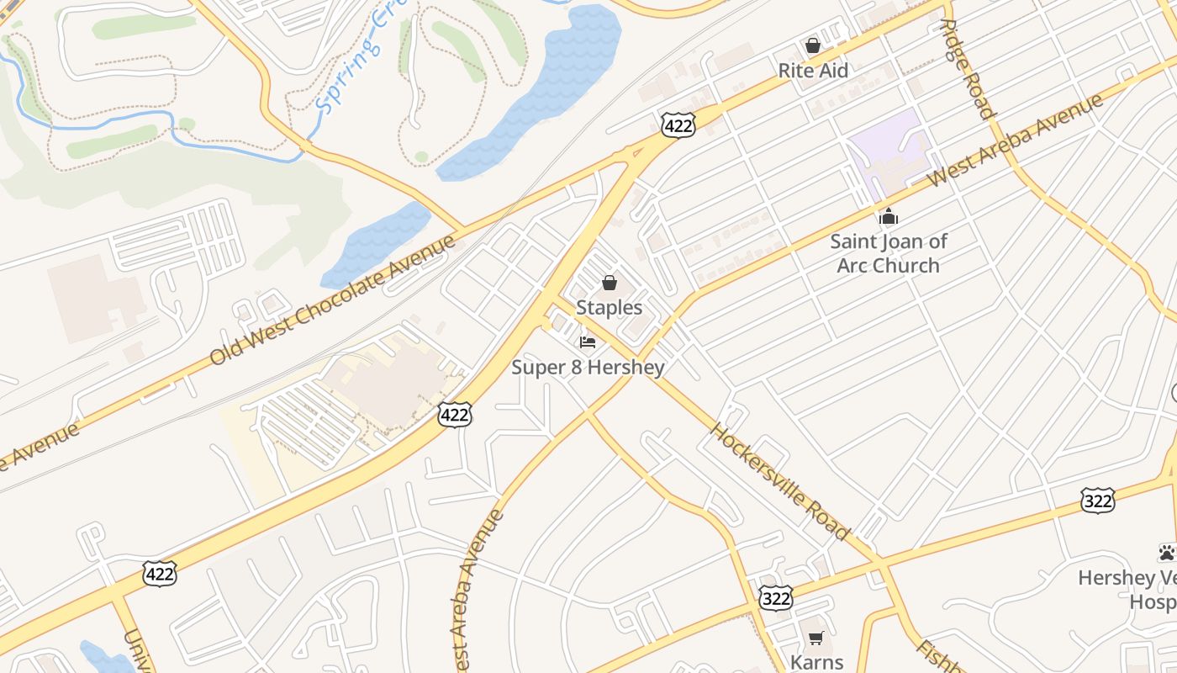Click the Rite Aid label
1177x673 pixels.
[x=813, y=71]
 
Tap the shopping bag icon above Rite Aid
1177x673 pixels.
[x=813, y=45]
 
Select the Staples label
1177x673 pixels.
[x=610, y=308]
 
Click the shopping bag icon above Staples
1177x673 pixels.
[x=610, y=283]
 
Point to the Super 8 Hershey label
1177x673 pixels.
[x=588, y=368]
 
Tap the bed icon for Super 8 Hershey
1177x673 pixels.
[x=588, y=342]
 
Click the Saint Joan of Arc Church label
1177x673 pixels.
[x=889, y=253]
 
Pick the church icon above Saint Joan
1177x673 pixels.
[x=889, y=218]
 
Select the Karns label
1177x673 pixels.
[x=816, y=662]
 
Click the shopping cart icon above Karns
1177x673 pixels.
[x=815, y=638]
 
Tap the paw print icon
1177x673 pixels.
[x=1166, y=553]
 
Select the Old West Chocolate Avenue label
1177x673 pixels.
[x=332, y=300]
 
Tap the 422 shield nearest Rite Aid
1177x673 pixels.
[x=678, y=125]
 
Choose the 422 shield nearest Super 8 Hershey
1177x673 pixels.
[x=454, y=415]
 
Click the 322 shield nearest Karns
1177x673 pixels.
[x=774, y=597]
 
